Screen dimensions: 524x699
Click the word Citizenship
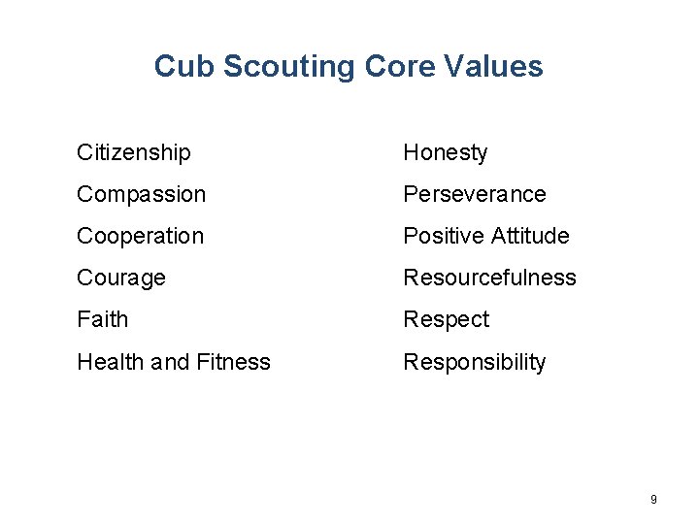pyautogui.click(x=134, y=153)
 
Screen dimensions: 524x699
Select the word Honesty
pyautogui.click(x=446, y=153)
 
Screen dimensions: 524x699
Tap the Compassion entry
pyautogui.click(x=141, y=195)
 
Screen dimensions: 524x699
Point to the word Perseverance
pyautogui.click(x=475, y=195)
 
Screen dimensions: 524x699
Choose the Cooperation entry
pyautogui.click(x=140, y=237)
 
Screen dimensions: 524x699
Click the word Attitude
pyautogui.click(x=530, y=237)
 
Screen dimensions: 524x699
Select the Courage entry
pyautogui.click(x=121, y=278)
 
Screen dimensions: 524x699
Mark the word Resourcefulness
pyautogui.click(x=489, y=278)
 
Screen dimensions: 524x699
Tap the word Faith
pyautogui.click(x=102, y=320)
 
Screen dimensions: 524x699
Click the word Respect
pyautogui.click(x=447, y=320)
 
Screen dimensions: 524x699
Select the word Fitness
pyautogui.click(x=234, y=362)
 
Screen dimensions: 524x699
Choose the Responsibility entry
pyautogui.click(x=475, y=363)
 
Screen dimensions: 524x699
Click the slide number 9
pyautogui.click(x=653, y=499)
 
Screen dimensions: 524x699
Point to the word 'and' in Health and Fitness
pyautogui.click(x=170, y=362)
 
